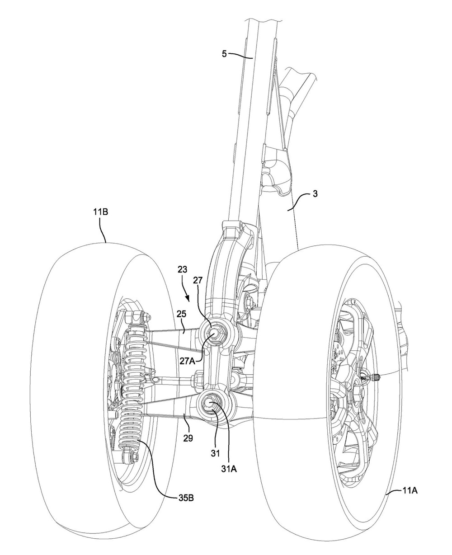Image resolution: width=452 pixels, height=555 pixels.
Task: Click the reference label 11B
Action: click(x=100, y=212)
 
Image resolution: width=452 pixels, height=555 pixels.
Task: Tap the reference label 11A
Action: click(x=410, y=491)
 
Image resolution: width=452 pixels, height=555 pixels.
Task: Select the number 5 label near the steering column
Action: click(x=224, y=54)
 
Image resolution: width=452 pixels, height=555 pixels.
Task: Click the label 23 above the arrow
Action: click(x=182, y=269)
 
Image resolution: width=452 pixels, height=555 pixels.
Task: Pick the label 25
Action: click(x=182, y=314)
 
